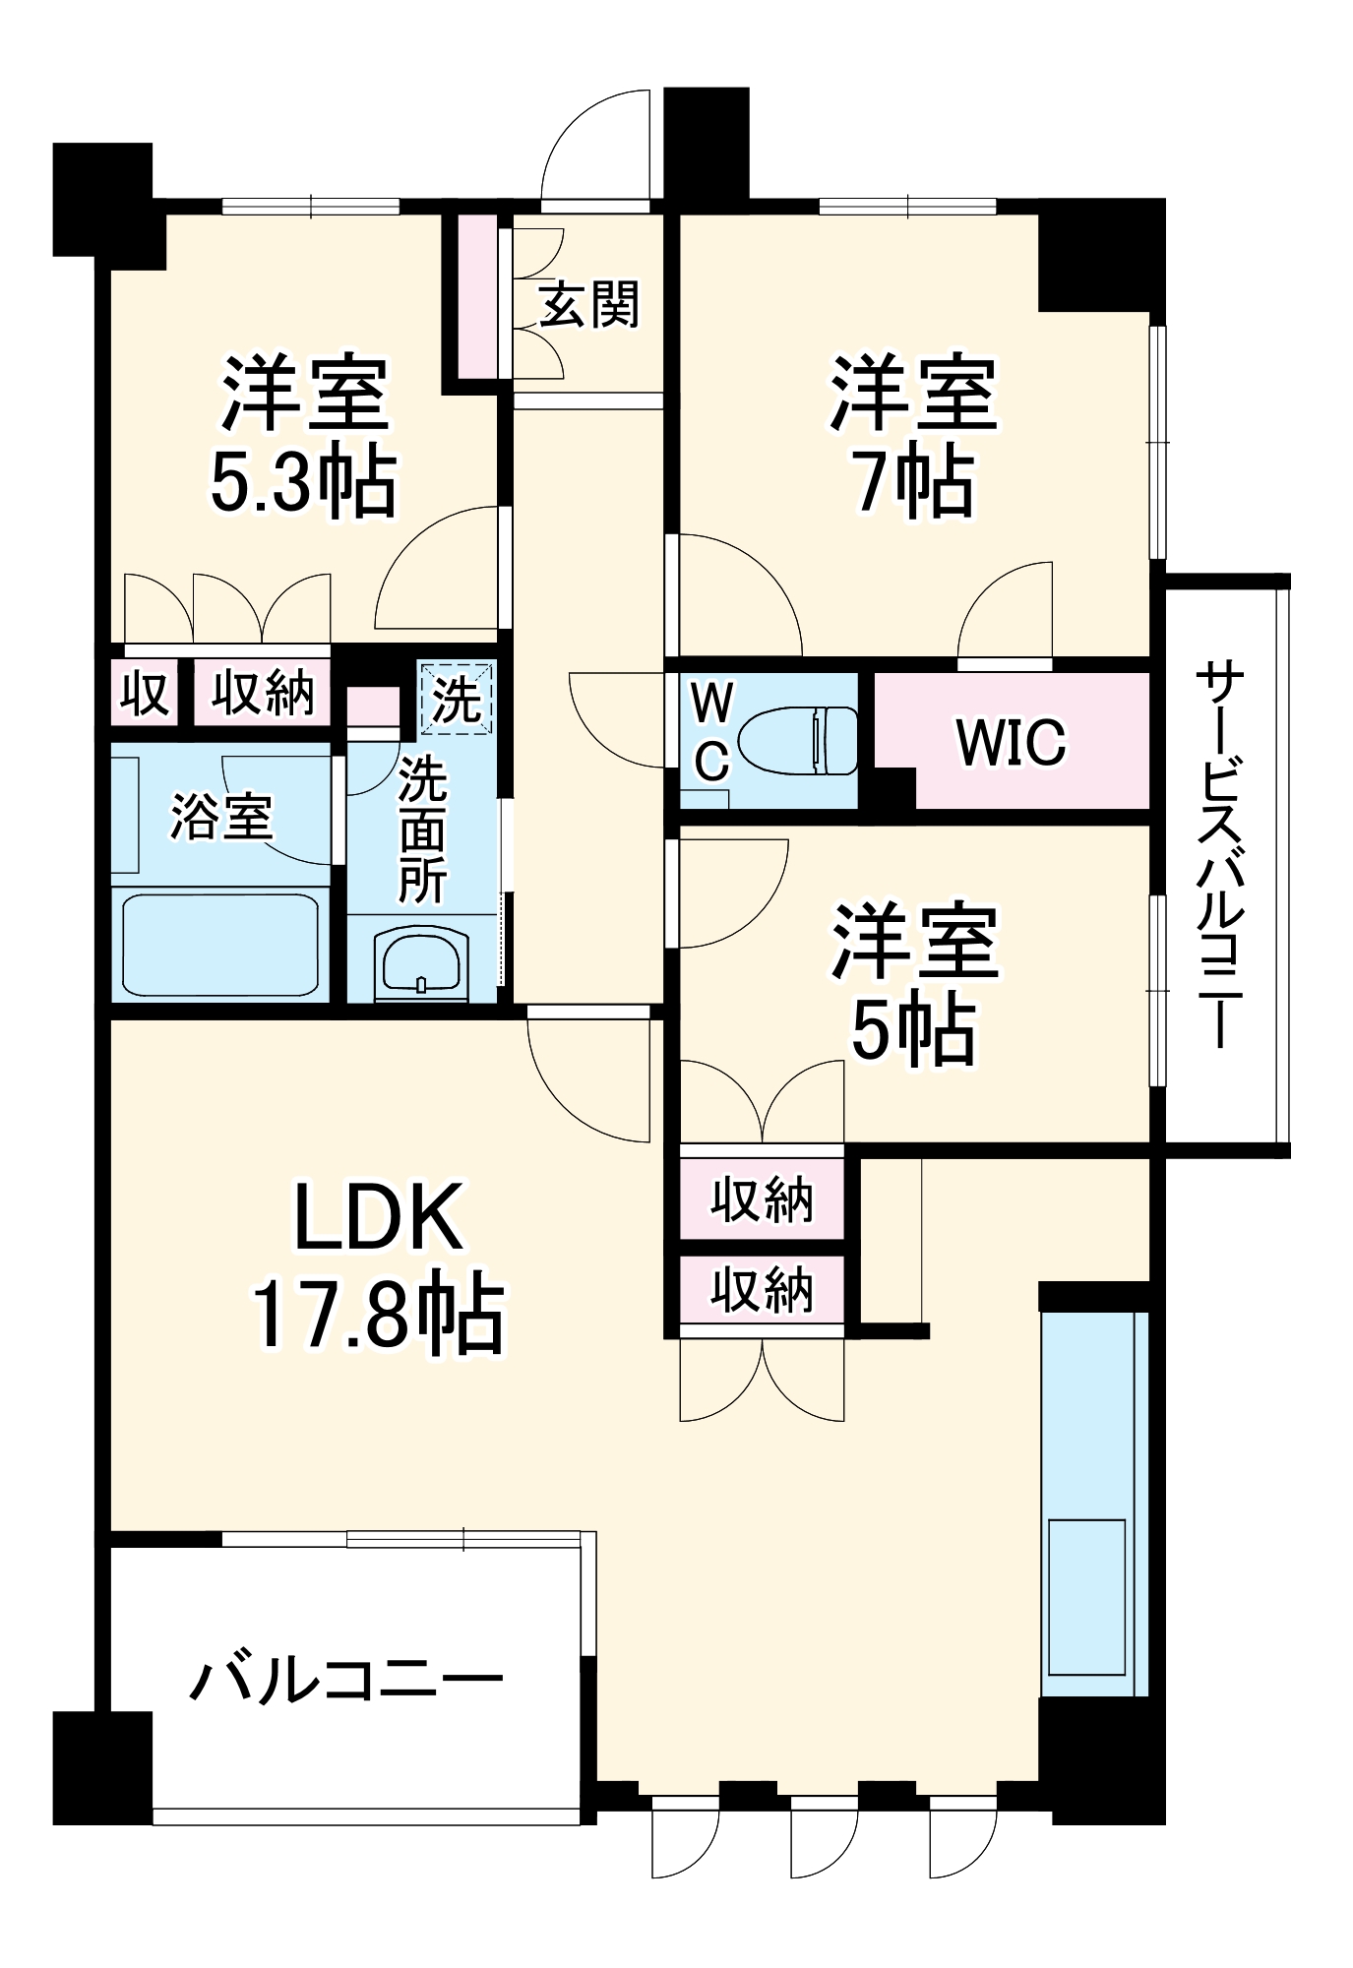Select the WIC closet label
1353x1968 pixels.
click(x=1011, y=742)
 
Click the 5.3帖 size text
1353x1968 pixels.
click(x=304, y=484)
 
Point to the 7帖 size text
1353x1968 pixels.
click(x=914, y=484)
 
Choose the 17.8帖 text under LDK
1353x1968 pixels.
click(x=379, y=1316)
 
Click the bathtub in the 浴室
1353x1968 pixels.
click(x=220, y=946)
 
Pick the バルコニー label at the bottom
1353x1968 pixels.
click(x=346, y=1680)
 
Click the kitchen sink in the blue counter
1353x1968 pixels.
click(x=1086, y=1596)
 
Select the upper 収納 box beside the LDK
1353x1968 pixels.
click(x=763, y=1199)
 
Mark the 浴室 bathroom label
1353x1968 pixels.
click(x=221, y=816)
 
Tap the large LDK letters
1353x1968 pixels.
click(x=379, y=1217)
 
